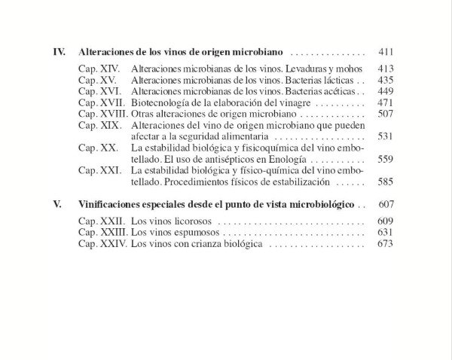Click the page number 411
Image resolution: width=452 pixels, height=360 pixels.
(x=385, y=53)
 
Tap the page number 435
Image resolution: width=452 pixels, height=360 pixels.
(x=385, y=80)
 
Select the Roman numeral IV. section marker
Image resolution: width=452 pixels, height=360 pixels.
(x=60, y=53)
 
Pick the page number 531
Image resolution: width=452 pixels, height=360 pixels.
(x=385, y=137)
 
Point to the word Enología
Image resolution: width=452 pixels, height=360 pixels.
(x=299, y=160)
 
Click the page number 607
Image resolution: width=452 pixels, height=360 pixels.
(x=385, y=204)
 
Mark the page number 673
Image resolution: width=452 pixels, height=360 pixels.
(x=385, y=244)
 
